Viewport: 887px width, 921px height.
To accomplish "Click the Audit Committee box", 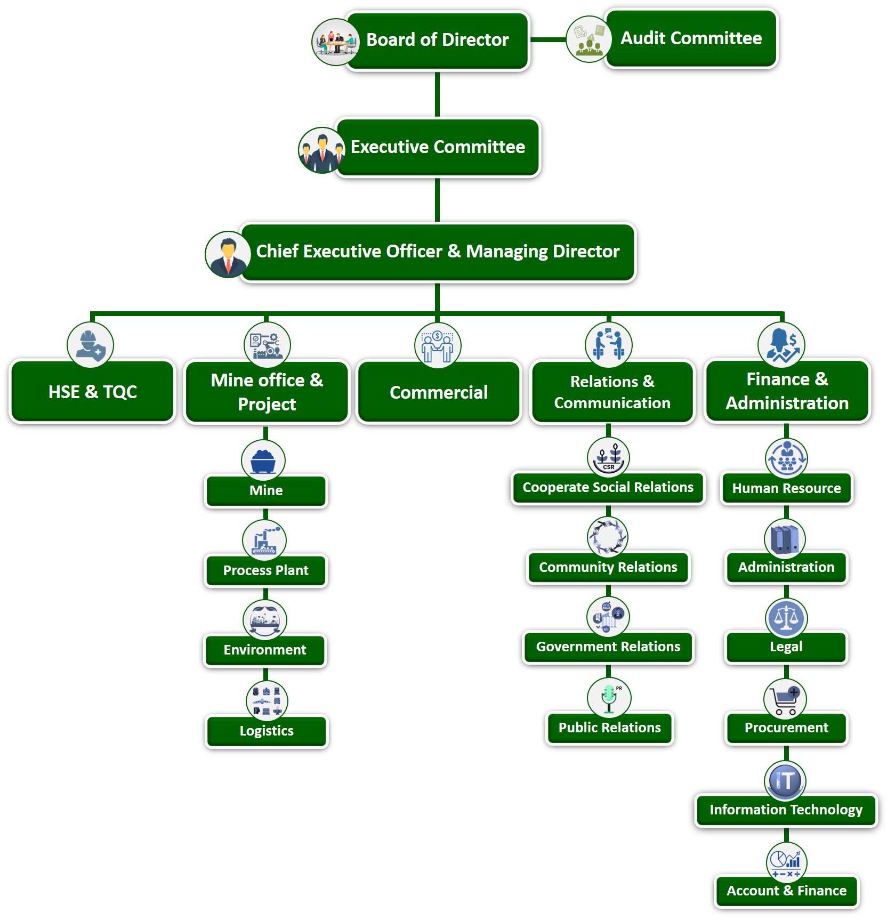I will [x=691, y=38].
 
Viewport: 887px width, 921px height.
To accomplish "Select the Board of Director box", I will [x=437, y=40].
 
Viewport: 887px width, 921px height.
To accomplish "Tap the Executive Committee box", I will [x=437, y=147].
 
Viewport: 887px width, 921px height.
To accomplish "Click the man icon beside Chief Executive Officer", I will [x=228, y=254].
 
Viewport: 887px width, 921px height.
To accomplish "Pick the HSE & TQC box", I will [x=92, y=392].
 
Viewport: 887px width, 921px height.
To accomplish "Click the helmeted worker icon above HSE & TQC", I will [x=90, y=345].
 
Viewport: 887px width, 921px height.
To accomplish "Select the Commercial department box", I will [x=438, y=392].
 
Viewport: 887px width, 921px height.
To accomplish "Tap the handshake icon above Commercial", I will [x=438, y=345].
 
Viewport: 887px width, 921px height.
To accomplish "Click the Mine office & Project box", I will [x=267, y=392].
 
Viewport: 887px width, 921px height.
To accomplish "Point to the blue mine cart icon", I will [x=263, y=461].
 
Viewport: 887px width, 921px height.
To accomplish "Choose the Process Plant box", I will [x=265, y=570].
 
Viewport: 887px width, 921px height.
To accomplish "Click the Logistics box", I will [x=266, y=731].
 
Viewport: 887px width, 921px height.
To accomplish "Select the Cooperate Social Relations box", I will [x=608, y=487].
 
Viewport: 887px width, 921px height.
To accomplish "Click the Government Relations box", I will [x=608, y=647].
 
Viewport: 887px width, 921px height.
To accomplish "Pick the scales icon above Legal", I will [x=786, y=618].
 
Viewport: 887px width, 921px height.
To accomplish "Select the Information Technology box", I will [x=786, y=810].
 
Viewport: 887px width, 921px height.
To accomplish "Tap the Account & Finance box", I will [x=786, y=891].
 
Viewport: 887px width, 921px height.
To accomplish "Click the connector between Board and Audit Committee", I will [x=548, y=39].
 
